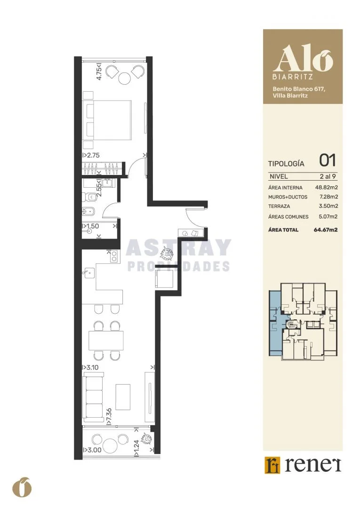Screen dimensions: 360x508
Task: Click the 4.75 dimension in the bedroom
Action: [x=99, y=71]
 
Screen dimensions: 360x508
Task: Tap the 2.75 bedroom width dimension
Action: [x=91, y=155]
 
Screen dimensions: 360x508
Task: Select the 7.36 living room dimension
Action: [x=109, y=416]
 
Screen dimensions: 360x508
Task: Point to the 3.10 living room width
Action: [x=91, y=368]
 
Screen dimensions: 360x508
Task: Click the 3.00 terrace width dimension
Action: [x=92, y=450]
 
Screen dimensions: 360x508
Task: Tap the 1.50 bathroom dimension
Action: [x=91, y=226]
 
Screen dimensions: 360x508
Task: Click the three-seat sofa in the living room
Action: [x=94, y=397]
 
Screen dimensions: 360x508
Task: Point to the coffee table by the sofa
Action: [x=123, y=397]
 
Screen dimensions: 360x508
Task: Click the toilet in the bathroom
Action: [x=88, y=197]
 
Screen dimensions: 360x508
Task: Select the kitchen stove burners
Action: [x=114, y=256]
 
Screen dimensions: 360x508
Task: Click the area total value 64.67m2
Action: [x=326, y=230]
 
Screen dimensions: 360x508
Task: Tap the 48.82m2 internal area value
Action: [x=327, y=187]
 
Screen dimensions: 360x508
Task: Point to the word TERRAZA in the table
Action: [x=279, y=206]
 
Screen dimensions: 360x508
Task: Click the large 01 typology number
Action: [x=328, y=160]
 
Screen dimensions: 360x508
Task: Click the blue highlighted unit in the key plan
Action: [x=275, y=324]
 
